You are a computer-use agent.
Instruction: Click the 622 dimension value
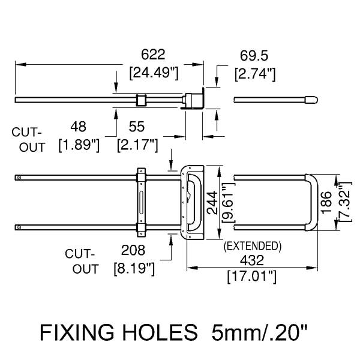point(153,55)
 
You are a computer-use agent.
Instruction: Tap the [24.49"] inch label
point(154,73)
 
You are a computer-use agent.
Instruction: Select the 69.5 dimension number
point(254,56)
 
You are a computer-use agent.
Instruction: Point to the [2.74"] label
point(255,74)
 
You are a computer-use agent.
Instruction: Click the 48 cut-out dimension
point(78,127)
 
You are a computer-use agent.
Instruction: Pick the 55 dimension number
point(137,127)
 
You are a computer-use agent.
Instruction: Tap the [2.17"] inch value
point(137,145)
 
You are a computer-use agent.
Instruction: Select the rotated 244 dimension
point(212,203)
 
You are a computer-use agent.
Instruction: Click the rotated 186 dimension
point(326,203)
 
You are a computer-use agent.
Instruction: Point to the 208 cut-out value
point(133,250)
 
